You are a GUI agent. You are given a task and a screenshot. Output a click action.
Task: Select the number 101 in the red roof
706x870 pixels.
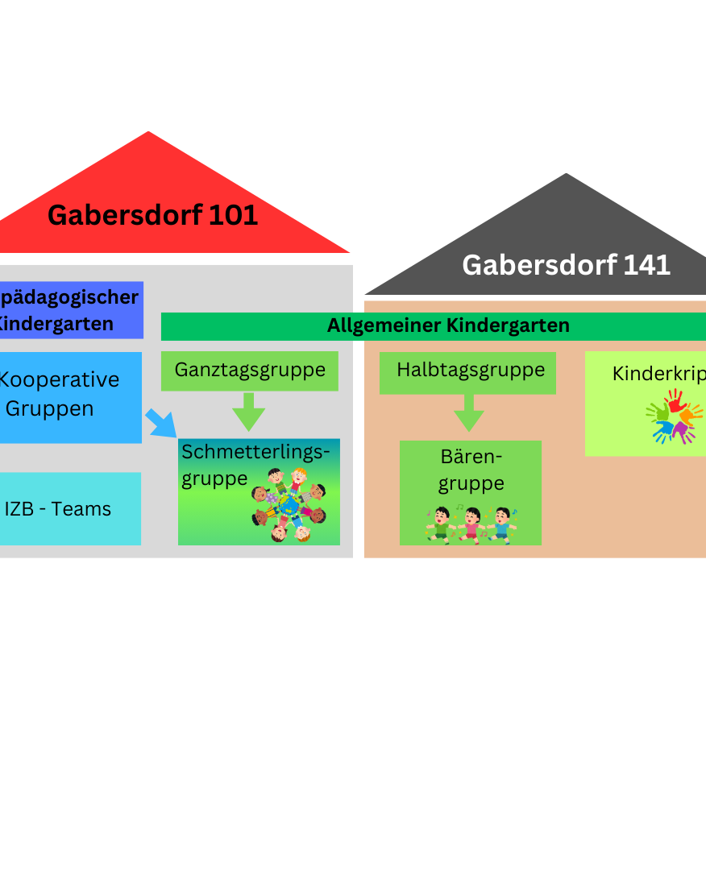tap(235, 215)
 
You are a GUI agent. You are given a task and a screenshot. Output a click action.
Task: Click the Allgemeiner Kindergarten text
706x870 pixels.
tap(448, 326)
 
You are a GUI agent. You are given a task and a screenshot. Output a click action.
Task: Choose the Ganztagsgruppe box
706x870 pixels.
tap(250, 371)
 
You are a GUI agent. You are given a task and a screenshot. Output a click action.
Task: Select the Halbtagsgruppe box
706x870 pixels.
tap(468, 371)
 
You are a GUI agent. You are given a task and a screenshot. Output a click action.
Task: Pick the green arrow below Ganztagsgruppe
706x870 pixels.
tap(248, 412)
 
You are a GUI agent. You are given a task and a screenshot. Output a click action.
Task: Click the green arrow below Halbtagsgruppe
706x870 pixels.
tap(468, 414)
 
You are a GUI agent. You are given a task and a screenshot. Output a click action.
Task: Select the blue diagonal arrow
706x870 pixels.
tap(160, 423)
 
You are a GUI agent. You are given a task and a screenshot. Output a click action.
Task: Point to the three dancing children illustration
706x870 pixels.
tap(471, 524)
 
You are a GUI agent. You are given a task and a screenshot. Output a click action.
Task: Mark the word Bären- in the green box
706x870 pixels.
tap(471, 457)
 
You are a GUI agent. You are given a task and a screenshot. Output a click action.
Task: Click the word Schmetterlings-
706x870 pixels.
tap(255, 451)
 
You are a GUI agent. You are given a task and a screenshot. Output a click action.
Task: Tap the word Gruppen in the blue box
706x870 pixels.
tap(50, 408)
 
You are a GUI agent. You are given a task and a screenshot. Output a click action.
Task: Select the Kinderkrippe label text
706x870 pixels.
tap(658, 374)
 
